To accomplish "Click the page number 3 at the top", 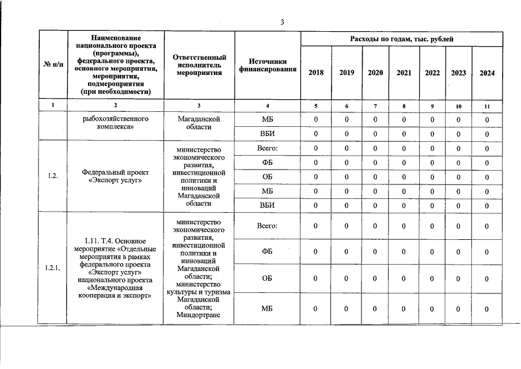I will point(282,22).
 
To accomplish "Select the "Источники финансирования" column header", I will point(267,65).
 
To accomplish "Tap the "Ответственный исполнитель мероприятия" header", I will point(199,65).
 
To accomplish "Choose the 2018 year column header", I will point(316,73).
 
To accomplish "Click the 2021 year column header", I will point(404,73).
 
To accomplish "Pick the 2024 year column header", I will point(487,73).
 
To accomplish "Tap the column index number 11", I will point(487,106).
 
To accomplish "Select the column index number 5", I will point(316,106).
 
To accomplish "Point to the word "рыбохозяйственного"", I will point(116,119).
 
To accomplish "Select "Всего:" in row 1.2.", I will point(267,149).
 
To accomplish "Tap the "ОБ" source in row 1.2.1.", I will point(267,278).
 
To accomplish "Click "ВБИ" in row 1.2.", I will point(267,205).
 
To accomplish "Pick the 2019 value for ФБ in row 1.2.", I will point(347,163).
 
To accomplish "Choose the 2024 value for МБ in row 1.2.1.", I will point(487,310).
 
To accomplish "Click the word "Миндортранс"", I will point(199,315).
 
